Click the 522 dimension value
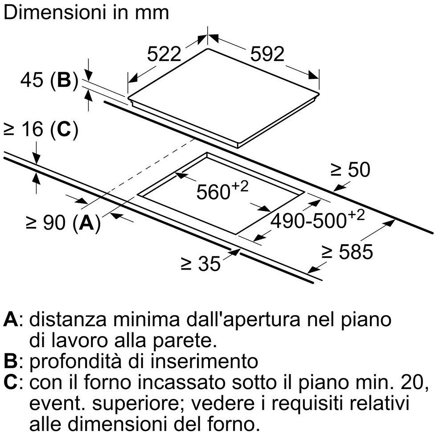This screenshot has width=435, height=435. click(164, 54)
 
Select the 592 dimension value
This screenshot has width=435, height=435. click(267, 54)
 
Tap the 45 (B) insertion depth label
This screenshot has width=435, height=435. click(49, 81)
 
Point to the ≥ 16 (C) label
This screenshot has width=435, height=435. click(41, 129)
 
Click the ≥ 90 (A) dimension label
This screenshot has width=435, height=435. click(63, 222)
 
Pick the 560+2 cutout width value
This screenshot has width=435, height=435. click(222, 189)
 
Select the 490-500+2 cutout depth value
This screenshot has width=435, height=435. click(317, 219)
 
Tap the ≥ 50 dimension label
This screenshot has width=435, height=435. click(351, 169)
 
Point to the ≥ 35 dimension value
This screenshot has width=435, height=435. click(201, 263)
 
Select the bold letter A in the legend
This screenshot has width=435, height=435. click(11, 320)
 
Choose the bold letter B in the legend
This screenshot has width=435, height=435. click(11, 361)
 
